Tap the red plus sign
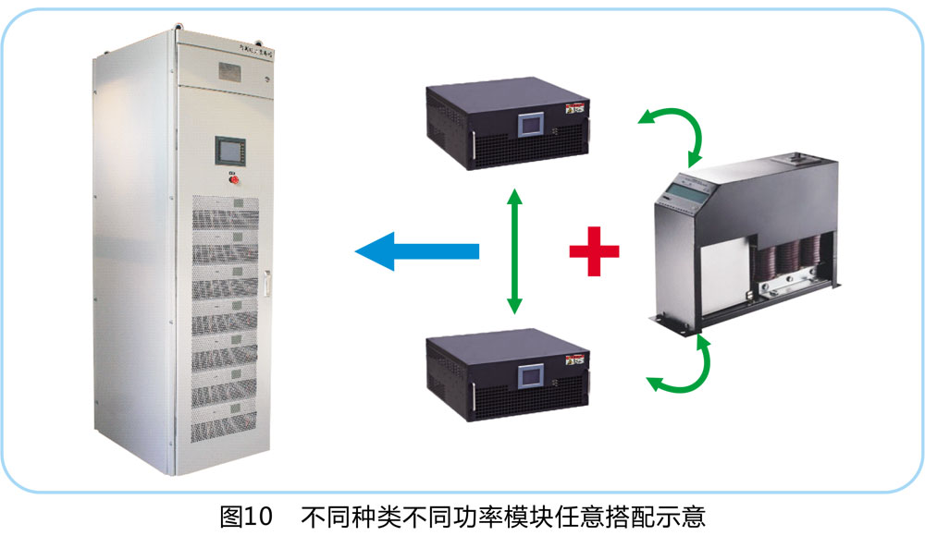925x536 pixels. click(594, 250)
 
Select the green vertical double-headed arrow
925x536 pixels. click(515, 250)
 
